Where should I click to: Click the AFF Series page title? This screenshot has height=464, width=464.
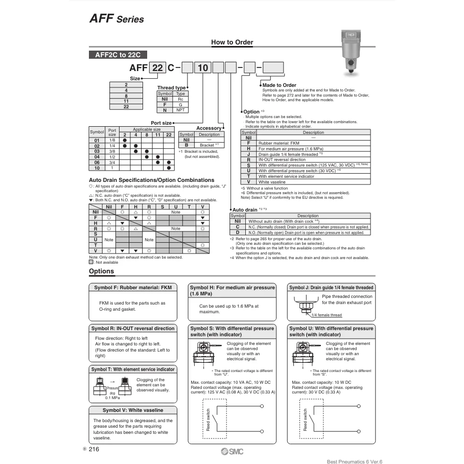click(117, 19)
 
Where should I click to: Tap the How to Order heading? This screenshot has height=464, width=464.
click(232, 42)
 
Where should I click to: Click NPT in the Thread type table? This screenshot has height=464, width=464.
click(180, 110)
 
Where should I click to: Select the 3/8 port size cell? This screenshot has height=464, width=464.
click(112, 151)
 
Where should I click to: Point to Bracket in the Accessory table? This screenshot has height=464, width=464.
click(207, 145)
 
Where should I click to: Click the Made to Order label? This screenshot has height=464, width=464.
click(279, 85)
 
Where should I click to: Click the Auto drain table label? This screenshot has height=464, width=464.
click(245, 210)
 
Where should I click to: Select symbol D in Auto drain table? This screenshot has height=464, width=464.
click(238, 232)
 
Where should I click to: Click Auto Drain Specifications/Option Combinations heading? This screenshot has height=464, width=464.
click(151, 180)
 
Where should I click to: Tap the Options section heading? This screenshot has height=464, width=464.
click(101, 271)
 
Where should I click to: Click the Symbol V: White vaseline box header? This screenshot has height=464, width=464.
click(133, 410)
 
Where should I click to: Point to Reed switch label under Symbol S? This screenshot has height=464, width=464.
click(208, 420)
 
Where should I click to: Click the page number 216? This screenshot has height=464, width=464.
click(94, 449)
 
